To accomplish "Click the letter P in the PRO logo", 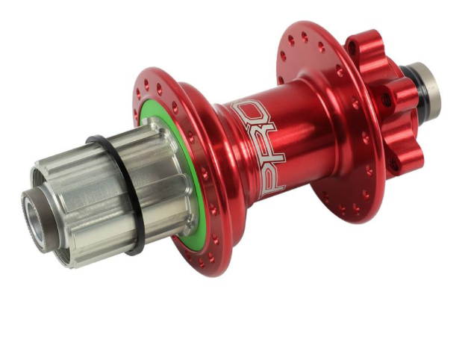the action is (272, 181).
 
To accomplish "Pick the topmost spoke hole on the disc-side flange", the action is (305, 37).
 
